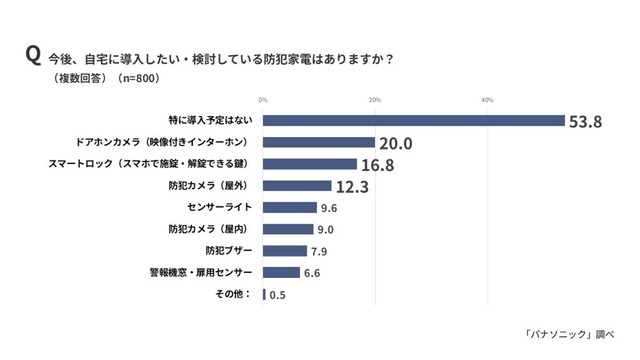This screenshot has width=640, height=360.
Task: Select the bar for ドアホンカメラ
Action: [x=319, y=143]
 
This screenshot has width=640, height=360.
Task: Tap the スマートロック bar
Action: [x=310, y=164]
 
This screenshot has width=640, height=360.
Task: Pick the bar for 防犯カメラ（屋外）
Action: [x=297, y=186]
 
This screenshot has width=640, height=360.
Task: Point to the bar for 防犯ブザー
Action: [x=285, y=250]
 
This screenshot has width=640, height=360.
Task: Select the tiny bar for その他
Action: [x=264, y=294]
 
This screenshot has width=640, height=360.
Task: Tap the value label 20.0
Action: [x=396, y=143]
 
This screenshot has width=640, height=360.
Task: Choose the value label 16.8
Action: [x=377, y=164]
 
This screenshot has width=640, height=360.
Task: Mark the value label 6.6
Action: [x=314, y=272]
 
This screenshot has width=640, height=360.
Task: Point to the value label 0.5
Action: [x=279, y=294]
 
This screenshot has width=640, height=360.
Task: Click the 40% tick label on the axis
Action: [x=488, y=100]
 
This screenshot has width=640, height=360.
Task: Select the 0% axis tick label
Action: [x=263, y=100]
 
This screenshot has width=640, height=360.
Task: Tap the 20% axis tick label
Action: [x=375, y=100]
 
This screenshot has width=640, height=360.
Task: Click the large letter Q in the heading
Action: [x=33, y=55]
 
